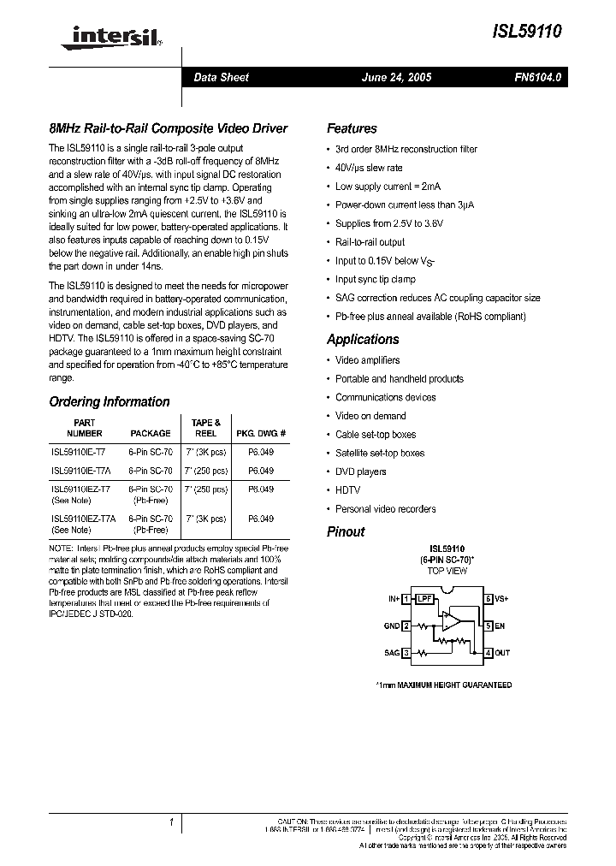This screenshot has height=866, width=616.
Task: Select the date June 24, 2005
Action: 397,77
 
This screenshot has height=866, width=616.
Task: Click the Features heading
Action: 352,128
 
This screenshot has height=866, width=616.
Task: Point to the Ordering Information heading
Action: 110,401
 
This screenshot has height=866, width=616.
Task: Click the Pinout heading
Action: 346,531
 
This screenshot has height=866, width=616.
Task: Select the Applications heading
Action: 363,339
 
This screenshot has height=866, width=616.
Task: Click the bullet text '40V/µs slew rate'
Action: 369,168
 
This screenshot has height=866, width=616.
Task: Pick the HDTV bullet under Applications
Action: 347,490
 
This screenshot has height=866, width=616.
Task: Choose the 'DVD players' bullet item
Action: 360,472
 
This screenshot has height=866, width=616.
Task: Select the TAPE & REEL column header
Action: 206,428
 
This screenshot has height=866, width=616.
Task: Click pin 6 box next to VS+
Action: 489,599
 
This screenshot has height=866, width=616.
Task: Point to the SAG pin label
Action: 391,652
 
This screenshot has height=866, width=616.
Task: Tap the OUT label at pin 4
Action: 502,652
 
